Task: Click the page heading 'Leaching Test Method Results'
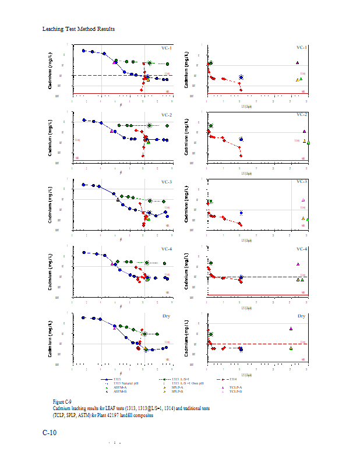(79, 29)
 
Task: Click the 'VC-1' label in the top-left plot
(167, 48)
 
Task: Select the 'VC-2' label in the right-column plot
(302, 115)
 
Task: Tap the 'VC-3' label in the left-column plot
(167, 182)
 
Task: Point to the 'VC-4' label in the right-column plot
(302, 249)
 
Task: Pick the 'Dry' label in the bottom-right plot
(302, 316)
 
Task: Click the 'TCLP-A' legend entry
(236, 387)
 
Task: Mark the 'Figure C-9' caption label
(62, 402)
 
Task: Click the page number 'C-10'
(50, 433)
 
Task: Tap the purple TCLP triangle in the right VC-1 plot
(297, 62)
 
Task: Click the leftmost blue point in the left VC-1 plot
(84, 51)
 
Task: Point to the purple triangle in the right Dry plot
(291, 329)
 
